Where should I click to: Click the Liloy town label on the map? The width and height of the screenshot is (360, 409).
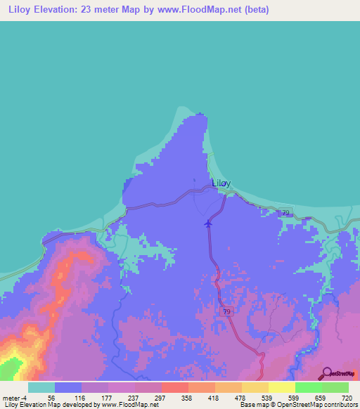coord(221,183)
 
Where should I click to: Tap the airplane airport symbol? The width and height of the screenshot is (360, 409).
coord(207,224)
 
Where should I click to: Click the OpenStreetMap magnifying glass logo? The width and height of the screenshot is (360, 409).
coord(327,372)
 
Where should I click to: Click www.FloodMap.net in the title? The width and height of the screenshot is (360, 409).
coord(203,10)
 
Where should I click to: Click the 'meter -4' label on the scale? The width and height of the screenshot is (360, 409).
coord(13,397)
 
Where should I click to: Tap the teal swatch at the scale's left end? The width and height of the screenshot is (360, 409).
coord(41,387)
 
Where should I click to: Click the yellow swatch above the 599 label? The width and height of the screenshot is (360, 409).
coord(282,387)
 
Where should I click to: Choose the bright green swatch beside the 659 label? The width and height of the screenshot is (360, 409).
coord(309,387)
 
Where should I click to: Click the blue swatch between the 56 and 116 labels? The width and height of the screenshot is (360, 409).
coord(68,387)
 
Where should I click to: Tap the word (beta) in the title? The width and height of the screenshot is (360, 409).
coord(254,10)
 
